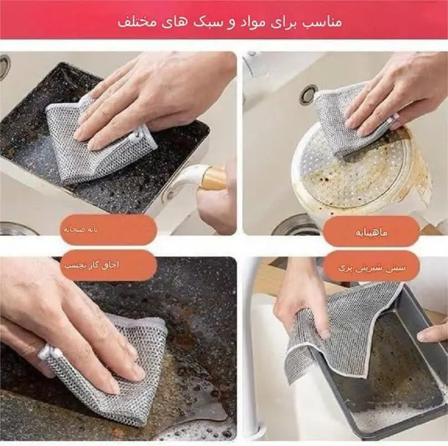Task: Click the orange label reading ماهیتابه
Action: (x=371, y=231)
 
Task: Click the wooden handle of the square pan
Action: (x=213, y=179)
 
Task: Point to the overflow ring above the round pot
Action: (x=309, y=95)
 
